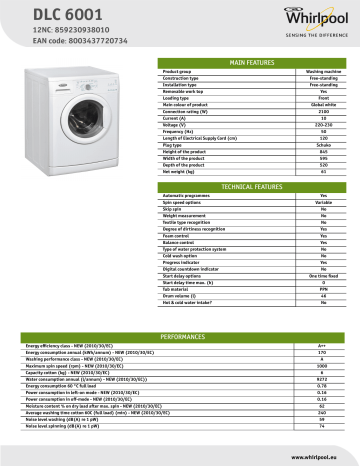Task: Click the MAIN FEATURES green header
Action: click(251, 62)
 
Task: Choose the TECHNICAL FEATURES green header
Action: click(251, 187)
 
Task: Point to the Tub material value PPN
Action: click(322, 289)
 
